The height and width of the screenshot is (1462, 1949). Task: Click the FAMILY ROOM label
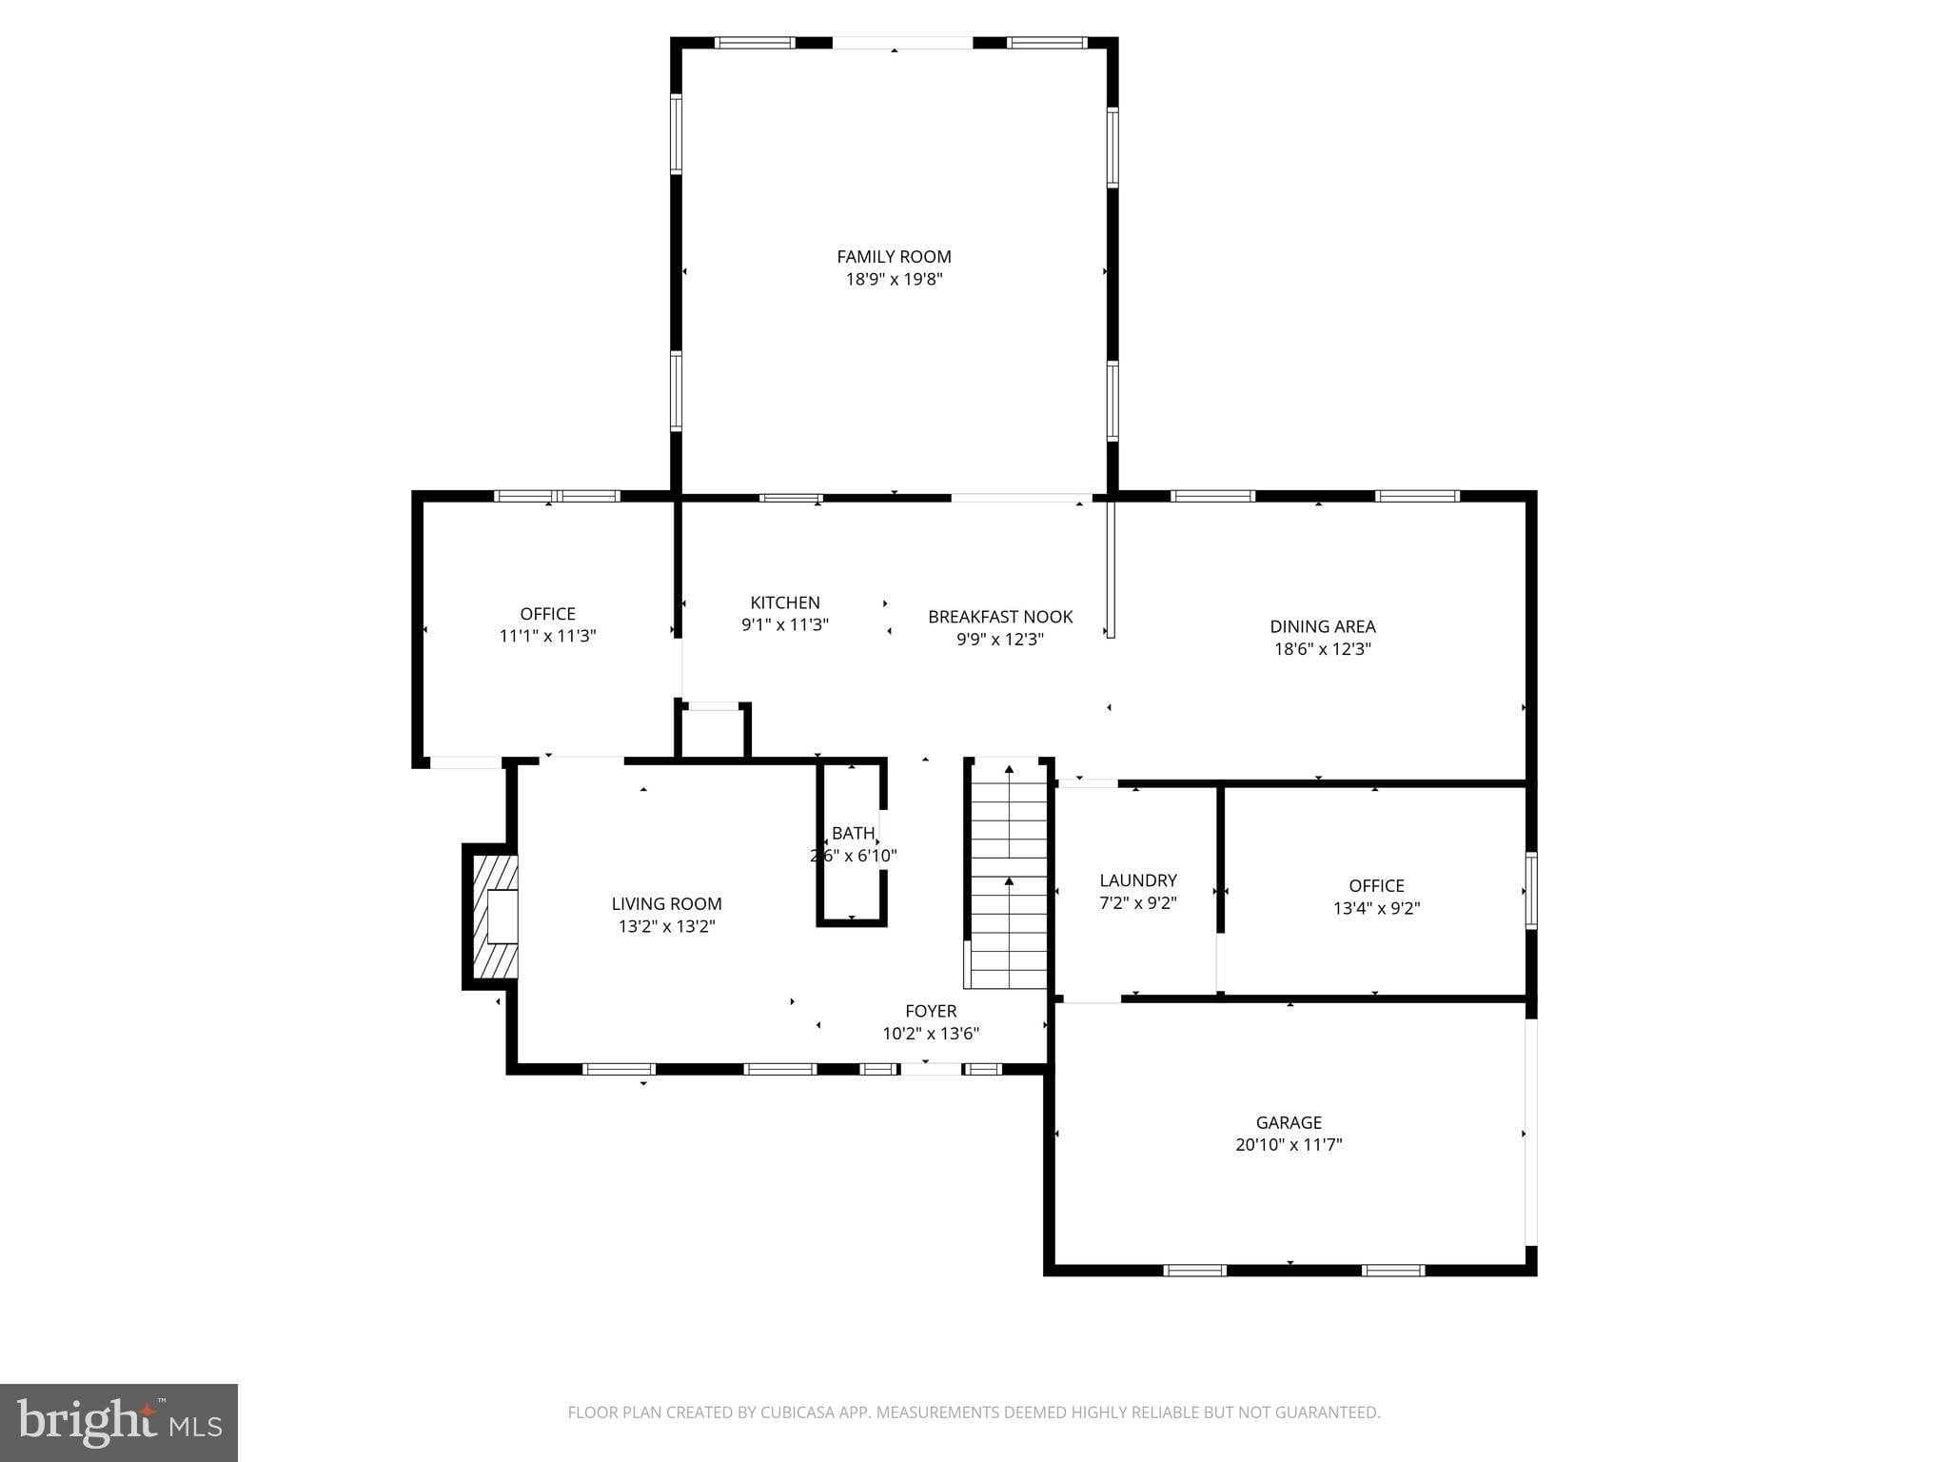click(894, 256)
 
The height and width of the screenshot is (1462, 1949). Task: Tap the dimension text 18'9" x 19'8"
click(894, 279)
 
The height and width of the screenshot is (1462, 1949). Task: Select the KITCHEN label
click(784, 603)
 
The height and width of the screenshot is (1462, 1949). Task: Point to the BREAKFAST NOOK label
click(1000, 617)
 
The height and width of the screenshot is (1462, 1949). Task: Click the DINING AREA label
click(1322, 626)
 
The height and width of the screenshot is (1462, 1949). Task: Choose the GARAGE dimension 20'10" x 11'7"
click(1289, 1145)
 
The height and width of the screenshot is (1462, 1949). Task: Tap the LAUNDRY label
click(1138, 880)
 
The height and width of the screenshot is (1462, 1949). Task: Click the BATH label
click(853, 834)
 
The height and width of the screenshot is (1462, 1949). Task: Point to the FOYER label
click(931, 1011)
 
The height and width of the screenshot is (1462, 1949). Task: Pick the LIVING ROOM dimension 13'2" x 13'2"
click(666, 926)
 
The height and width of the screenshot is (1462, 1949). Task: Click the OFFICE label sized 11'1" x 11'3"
click(547, 614)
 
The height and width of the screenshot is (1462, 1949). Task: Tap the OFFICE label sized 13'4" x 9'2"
click(1376, 885)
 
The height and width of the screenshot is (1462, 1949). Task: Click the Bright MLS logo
click(119, 1423)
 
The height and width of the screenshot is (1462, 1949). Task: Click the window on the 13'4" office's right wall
click(1531, 891)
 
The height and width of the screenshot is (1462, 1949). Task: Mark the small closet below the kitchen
click(713, 733)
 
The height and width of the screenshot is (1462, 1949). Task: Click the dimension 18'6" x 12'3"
click(1322, 649)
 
